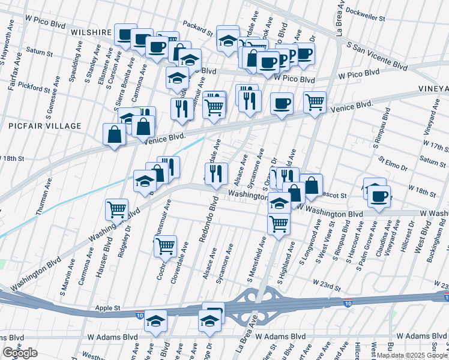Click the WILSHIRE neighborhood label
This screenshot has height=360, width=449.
(91, 32)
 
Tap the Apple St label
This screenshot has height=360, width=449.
(109, 308)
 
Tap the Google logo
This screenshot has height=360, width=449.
(20, 353)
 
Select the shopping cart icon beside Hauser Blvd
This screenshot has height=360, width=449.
(116, 209)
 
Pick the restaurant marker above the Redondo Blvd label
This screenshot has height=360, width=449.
(216, 173)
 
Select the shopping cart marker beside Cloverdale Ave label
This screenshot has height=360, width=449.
(165, 245)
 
